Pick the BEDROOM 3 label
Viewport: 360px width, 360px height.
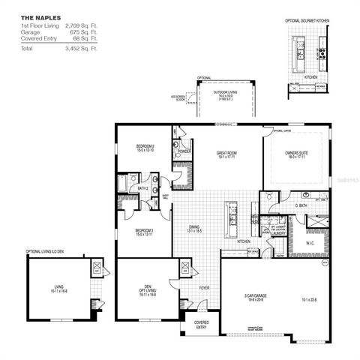(145, 232)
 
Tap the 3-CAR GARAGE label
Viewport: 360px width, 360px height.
(256, 297)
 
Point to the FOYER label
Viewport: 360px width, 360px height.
(204, 286)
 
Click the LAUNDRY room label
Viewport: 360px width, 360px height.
(279, 233)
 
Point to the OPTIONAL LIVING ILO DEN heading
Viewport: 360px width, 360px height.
(49, 251)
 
